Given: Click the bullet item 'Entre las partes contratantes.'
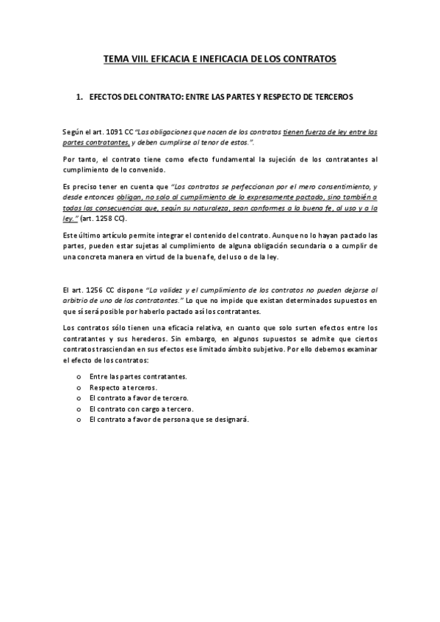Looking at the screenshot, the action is tap(137, 376).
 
